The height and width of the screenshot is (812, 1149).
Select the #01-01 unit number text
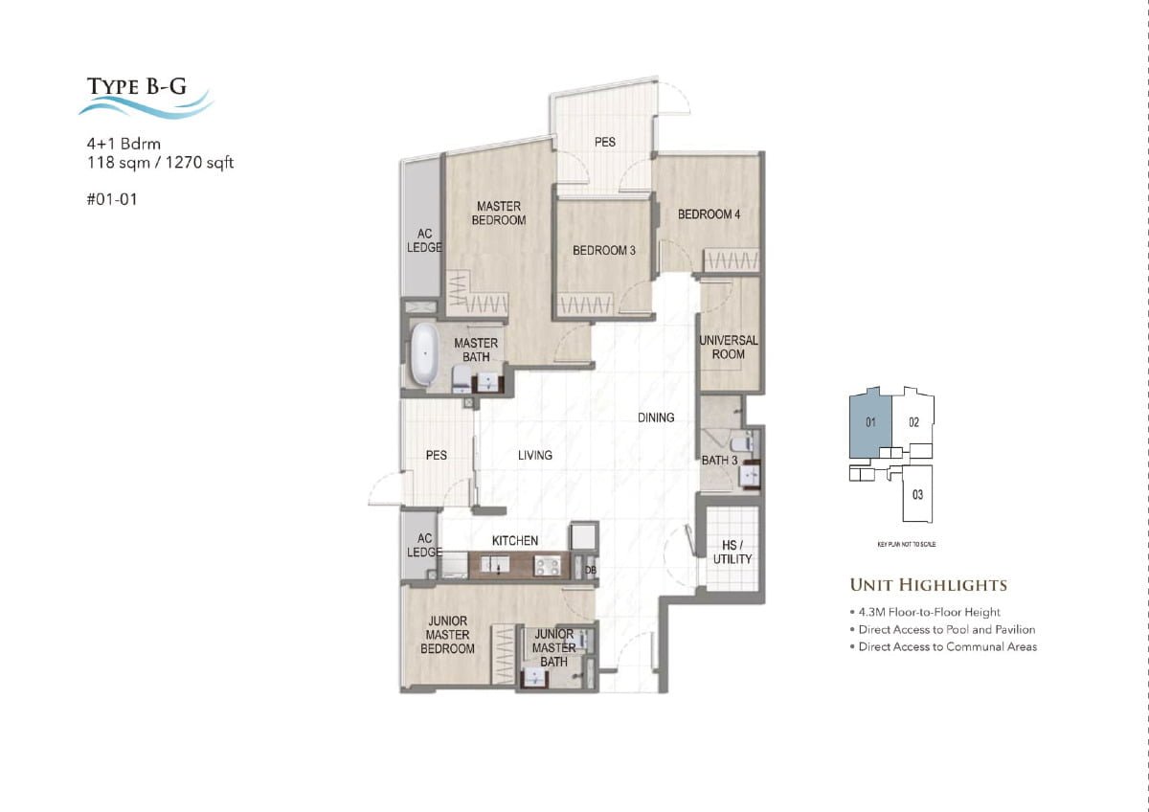click(105, 201)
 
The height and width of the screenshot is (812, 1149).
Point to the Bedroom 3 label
click(604, 251)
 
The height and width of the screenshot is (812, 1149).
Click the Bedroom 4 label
click(709, 214)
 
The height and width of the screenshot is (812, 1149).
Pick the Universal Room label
click(729, 347)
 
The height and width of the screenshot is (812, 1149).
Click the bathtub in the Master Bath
click(423, 354)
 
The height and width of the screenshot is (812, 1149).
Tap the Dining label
click(657, 417)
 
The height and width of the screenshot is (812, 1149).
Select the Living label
click(535, 456)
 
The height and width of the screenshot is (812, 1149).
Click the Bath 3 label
click(719, 461)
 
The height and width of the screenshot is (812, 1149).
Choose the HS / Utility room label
click(732, 552)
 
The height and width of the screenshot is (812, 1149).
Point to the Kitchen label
click(515, 541)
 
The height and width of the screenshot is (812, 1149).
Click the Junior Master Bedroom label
click(447, 635)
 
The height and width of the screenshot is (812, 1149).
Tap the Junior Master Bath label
click(553, 647)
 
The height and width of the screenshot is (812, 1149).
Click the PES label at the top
click(605, 142)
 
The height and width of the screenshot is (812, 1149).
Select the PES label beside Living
click(436, 456)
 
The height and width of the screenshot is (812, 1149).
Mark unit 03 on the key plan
click(917, 495)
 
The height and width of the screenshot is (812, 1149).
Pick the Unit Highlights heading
click(928, 584)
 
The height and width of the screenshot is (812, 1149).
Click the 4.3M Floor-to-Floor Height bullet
click(927, 612)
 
